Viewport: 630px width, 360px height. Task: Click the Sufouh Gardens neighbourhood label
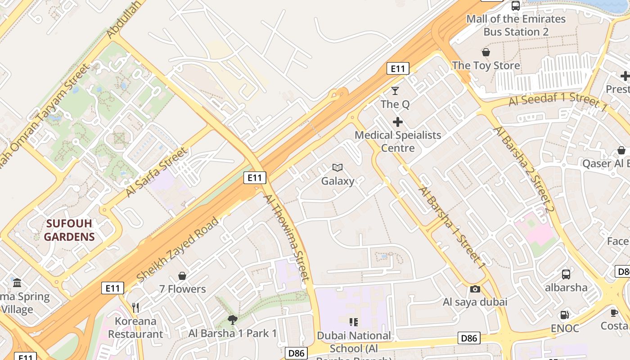point(69,230)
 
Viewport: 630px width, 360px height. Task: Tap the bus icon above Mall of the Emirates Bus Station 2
point(516,6)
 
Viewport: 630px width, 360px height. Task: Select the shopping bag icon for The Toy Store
point(486,52)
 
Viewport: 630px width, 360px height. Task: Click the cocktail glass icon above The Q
point(395,91)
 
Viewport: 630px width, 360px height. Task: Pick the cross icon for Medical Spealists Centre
point(398,122)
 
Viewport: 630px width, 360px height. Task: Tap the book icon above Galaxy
point(337,168)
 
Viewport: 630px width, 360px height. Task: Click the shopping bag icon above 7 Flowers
point(182,276)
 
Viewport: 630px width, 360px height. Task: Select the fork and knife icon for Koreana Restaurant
point(135,308)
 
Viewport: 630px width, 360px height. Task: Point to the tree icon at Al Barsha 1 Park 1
point(233,320)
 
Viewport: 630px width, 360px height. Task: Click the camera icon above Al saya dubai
point(475,289)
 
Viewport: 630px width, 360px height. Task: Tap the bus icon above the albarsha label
point(566,274)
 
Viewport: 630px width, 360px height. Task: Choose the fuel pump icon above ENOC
point(565,315)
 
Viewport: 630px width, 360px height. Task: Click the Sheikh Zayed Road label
point(177,250)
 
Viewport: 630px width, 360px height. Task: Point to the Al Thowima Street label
point(287,237)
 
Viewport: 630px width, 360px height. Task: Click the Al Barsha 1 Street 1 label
point(452,228)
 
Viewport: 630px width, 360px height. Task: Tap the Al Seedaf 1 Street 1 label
point(558,101)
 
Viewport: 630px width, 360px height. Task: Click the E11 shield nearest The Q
point(398,68)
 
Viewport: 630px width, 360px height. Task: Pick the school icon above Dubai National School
point(354,322)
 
